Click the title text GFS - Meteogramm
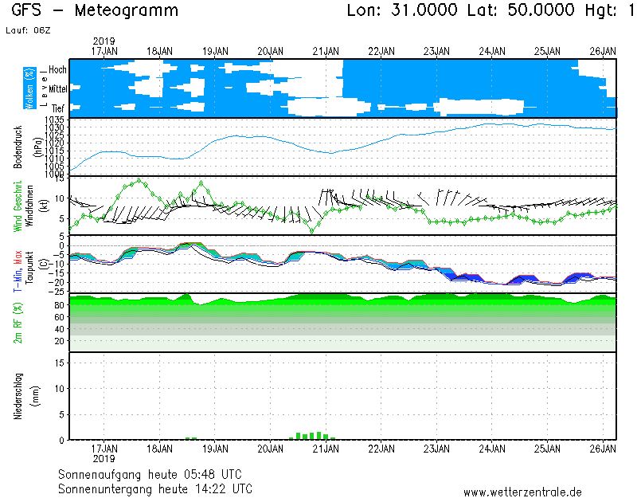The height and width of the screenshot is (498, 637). tap(95, 11)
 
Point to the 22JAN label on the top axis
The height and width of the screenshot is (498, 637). tap(381, 51)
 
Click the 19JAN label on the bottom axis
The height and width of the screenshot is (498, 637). tap(215, 448)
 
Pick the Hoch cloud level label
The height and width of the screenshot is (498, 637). tap(57, 70)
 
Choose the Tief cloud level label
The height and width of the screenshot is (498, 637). tap(58, 108)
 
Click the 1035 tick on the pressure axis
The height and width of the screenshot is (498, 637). tap(54, 120)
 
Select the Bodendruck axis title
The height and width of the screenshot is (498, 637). tap(18, 146)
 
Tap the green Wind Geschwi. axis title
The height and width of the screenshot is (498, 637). tap(18, 206)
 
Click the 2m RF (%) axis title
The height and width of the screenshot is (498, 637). tap(18, 323)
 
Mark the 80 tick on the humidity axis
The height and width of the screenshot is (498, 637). tap(59, 304)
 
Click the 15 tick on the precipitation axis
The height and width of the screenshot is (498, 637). tap(59, 363)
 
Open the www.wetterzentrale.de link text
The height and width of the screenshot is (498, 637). tap(522, 492)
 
